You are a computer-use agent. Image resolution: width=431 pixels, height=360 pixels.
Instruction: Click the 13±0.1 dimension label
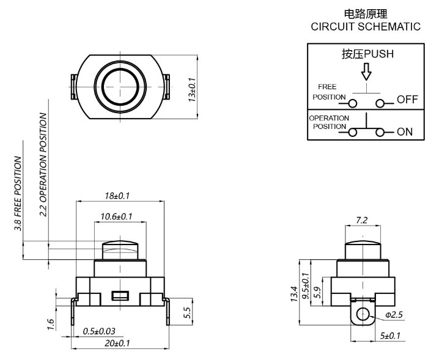[x=192, y=89]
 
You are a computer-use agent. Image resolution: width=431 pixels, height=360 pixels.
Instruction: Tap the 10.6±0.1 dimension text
[x=116, y=216]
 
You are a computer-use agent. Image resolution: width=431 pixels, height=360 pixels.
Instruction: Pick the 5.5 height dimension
[x=188, y=312]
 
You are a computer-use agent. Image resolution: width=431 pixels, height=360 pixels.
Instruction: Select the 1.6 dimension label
[x=52, y=323]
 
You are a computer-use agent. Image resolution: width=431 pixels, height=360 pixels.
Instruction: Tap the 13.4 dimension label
[x=294, y=296]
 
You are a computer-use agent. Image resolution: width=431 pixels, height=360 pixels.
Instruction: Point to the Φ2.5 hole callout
[x=394, y=315]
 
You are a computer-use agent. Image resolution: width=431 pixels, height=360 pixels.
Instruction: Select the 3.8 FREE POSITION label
[x=19, y=194]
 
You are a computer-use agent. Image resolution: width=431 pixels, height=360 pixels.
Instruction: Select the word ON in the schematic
[x=405, y=131]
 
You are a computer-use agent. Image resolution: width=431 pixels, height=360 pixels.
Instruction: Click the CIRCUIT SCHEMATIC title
[x=366, y=27]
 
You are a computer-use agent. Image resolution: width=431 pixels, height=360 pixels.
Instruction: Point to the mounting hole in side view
[x=363, y=315]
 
